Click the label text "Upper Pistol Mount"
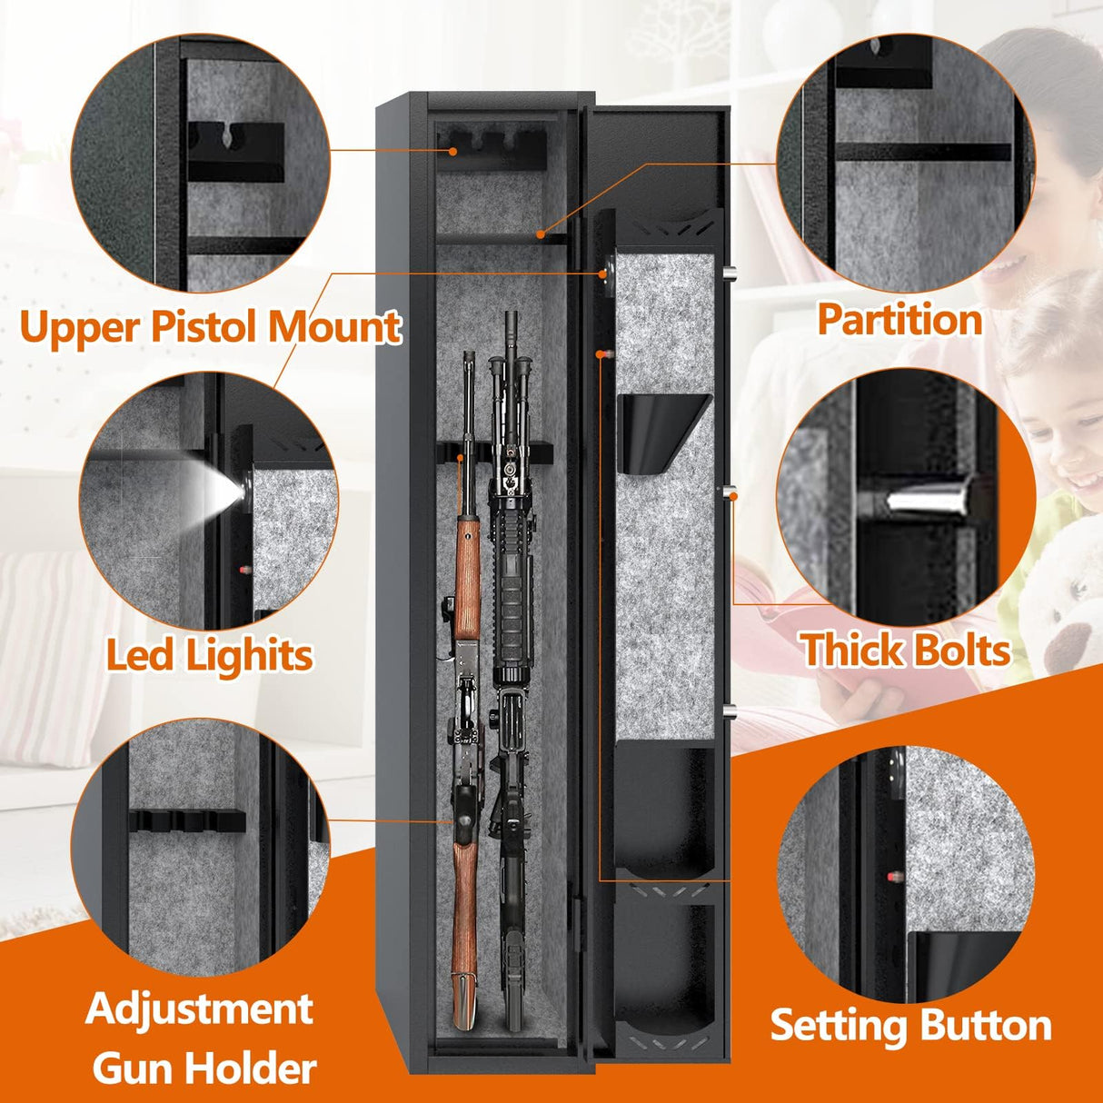tap(210, 326)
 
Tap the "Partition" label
tap(899, 319)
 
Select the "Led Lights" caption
tap(209, 654)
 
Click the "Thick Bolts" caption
tap(905, 651)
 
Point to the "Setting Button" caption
tap(910, 1025)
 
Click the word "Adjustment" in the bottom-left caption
tap(200, 1009)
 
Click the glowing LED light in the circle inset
tap(229, 492)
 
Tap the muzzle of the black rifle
tap(512, 323)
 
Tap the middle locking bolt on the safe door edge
tap(730, 492)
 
